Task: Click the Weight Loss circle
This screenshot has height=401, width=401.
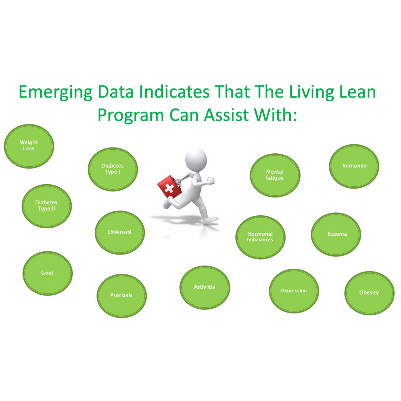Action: point(29,146)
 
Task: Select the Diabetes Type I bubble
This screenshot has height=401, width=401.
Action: point(113,169)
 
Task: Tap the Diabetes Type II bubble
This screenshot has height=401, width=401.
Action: point(46,206)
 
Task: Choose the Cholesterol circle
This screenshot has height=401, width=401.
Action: point(120,233)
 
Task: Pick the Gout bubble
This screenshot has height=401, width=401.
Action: point(48,273)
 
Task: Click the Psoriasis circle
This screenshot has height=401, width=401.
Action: point(121,296)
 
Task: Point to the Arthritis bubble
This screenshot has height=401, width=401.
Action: point(205,288)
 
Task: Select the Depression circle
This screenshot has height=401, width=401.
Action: point(294,291)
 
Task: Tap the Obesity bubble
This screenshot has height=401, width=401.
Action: point(369,293)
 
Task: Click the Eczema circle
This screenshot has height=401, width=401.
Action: point(336,235)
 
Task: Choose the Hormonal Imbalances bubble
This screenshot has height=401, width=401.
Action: point(260,237)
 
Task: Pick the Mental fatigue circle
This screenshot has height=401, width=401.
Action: point(275,175)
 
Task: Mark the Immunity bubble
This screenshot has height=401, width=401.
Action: point(354,166)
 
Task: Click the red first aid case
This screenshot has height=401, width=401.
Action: point(169,187)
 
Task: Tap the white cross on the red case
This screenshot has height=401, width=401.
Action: point(169,189)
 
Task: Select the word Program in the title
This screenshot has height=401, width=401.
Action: point(131,115)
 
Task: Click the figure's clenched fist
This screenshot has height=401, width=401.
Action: point(211,180)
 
